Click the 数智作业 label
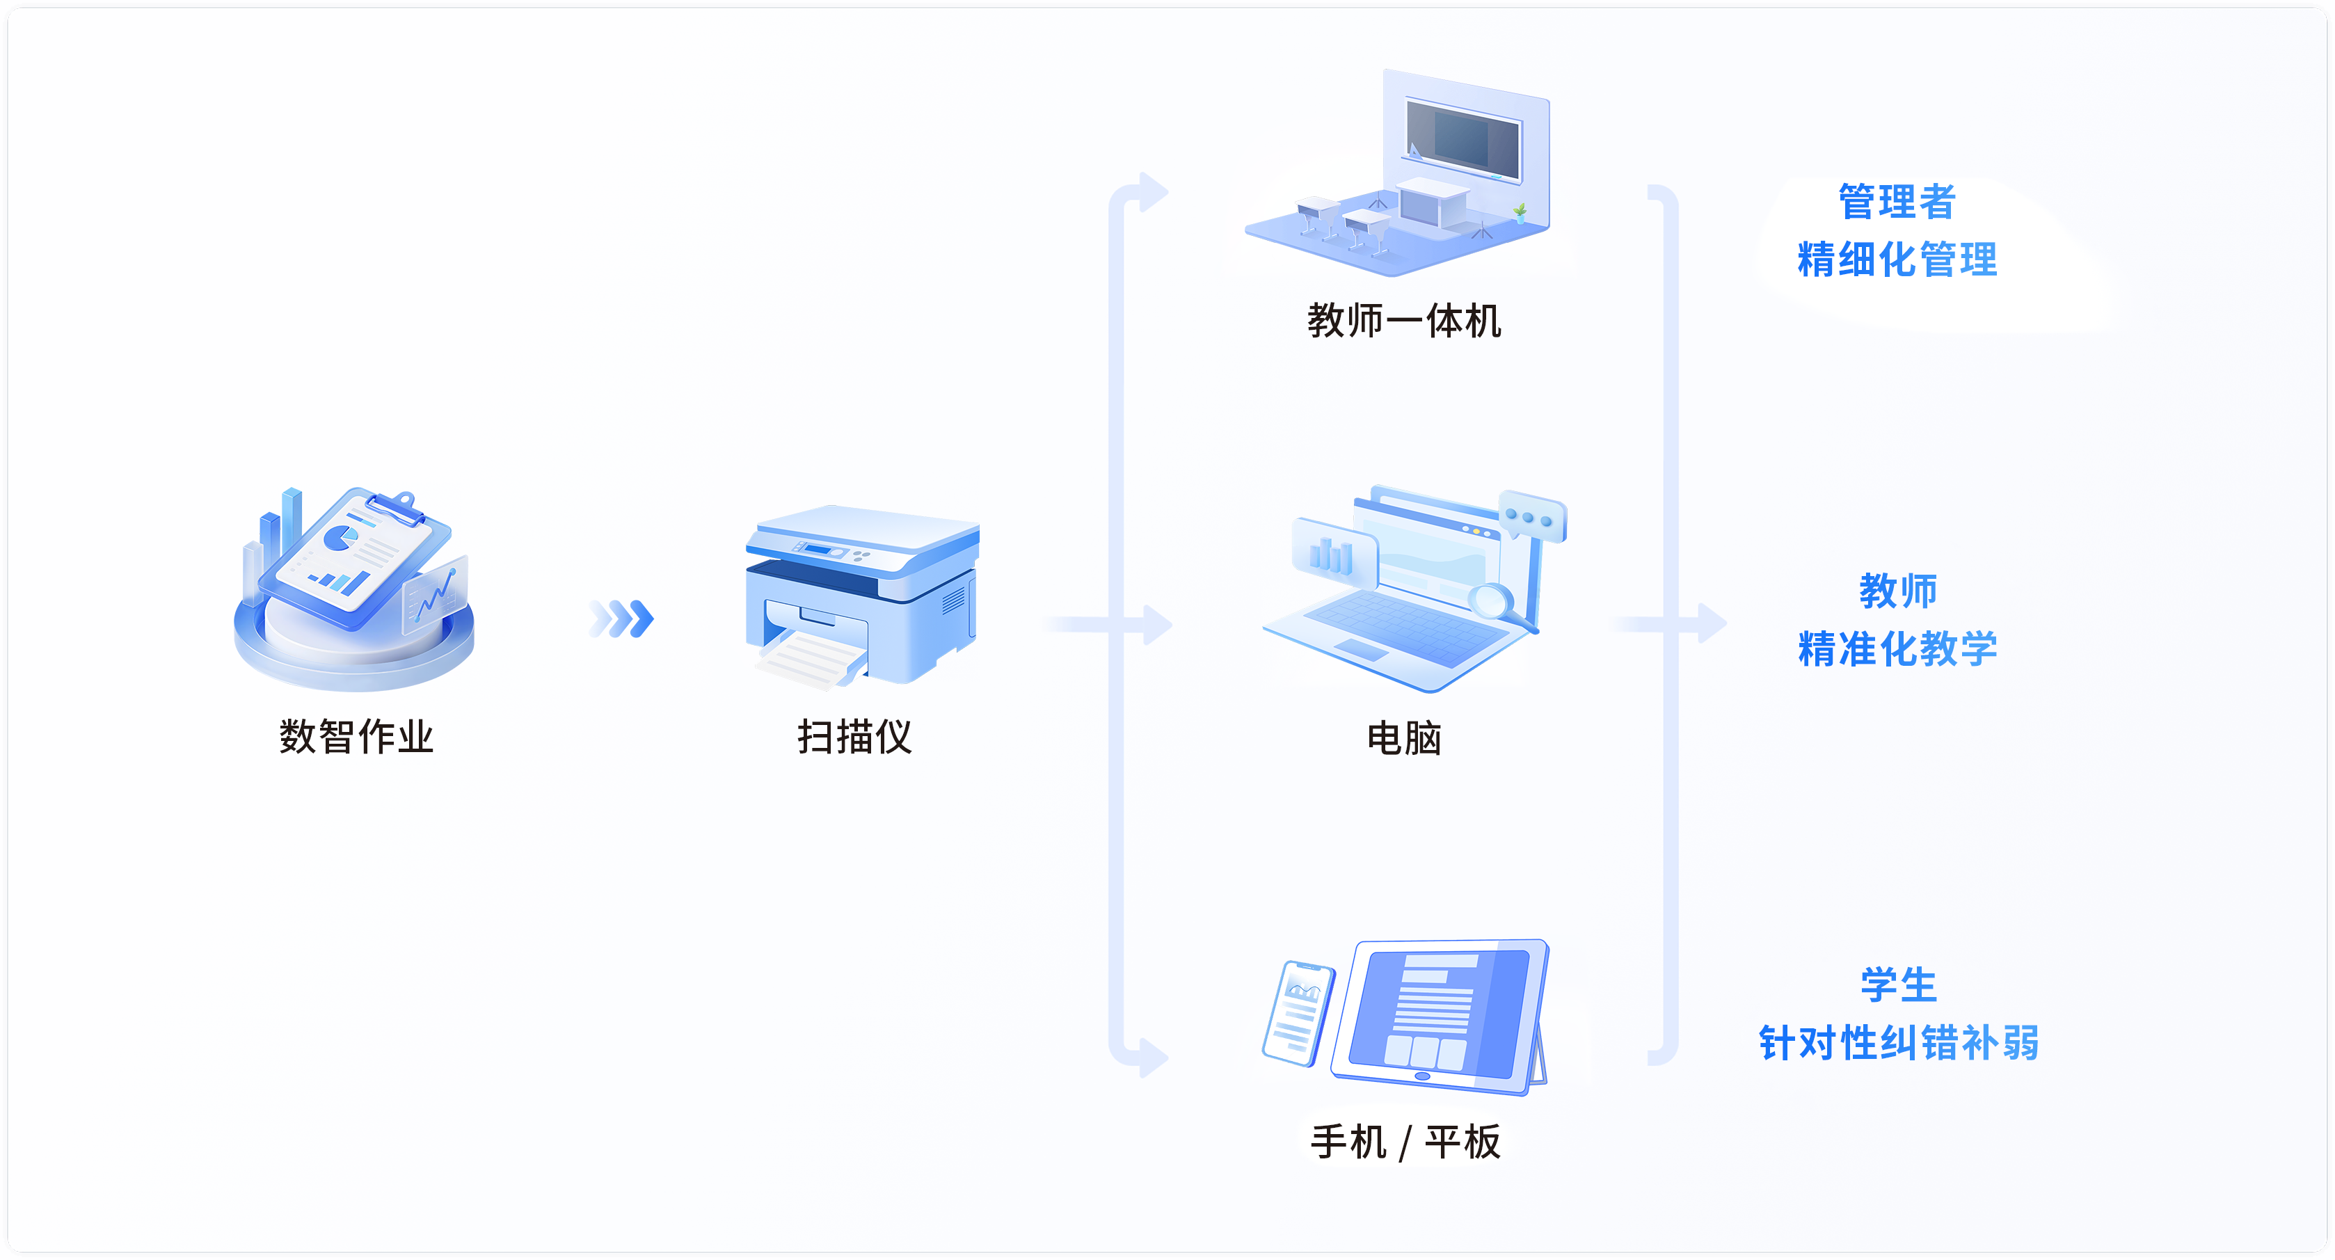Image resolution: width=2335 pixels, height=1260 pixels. pos(356,736)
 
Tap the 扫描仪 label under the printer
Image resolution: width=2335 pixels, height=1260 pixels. pos(854,736)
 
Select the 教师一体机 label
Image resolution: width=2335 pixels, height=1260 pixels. pos(1403,321)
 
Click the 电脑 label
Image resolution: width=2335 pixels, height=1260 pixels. pos(1403,739)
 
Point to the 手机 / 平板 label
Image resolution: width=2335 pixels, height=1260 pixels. pos(1405,1141)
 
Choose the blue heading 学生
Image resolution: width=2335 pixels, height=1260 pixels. pos(1898,984)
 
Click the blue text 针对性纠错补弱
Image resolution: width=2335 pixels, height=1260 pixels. pos(1898,1042)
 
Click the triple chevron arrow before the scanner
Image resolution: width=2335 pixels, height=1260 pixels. pos(622,619)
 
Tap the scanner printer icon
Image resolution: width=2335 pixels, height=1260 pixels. pos(861,589)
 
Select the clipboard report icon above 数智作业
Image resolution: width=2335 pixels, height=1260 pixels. pos(358,557)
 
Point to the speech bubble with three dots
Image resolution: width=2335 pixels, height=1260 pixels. pos(1532,517)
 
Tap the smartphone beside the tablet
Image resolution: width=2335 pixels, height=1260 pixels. pos(1298,1012)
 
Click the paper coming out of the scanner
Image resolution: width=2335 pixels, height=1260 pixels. pos(806,660)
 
